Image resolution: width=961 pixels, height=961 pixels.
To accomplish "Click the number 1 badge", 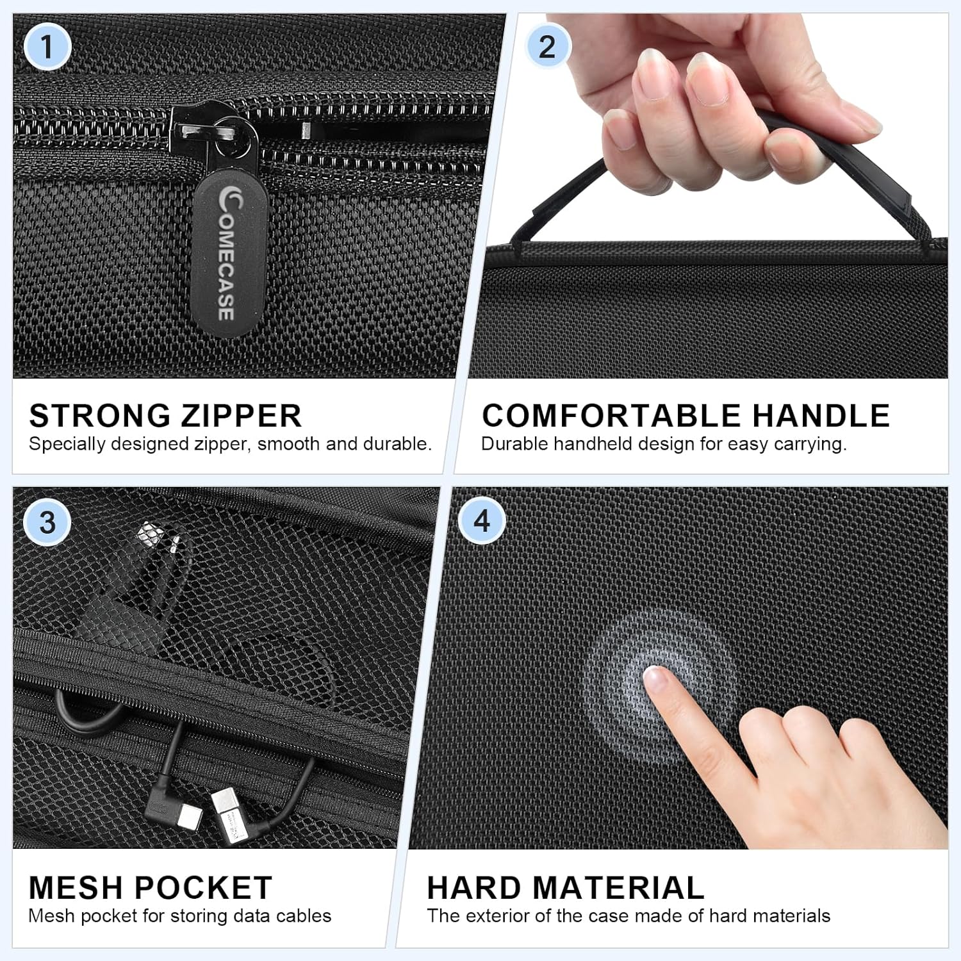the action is click(47, 47).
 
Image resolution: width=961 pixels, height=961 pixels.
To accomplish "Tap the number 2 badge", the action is click(546, 47).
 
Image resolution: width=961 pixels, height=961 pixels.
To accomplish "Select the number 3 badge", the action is click(47, 522).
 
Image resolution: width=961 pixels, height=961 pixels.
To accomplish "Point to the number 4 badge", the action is click(482, 521).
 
